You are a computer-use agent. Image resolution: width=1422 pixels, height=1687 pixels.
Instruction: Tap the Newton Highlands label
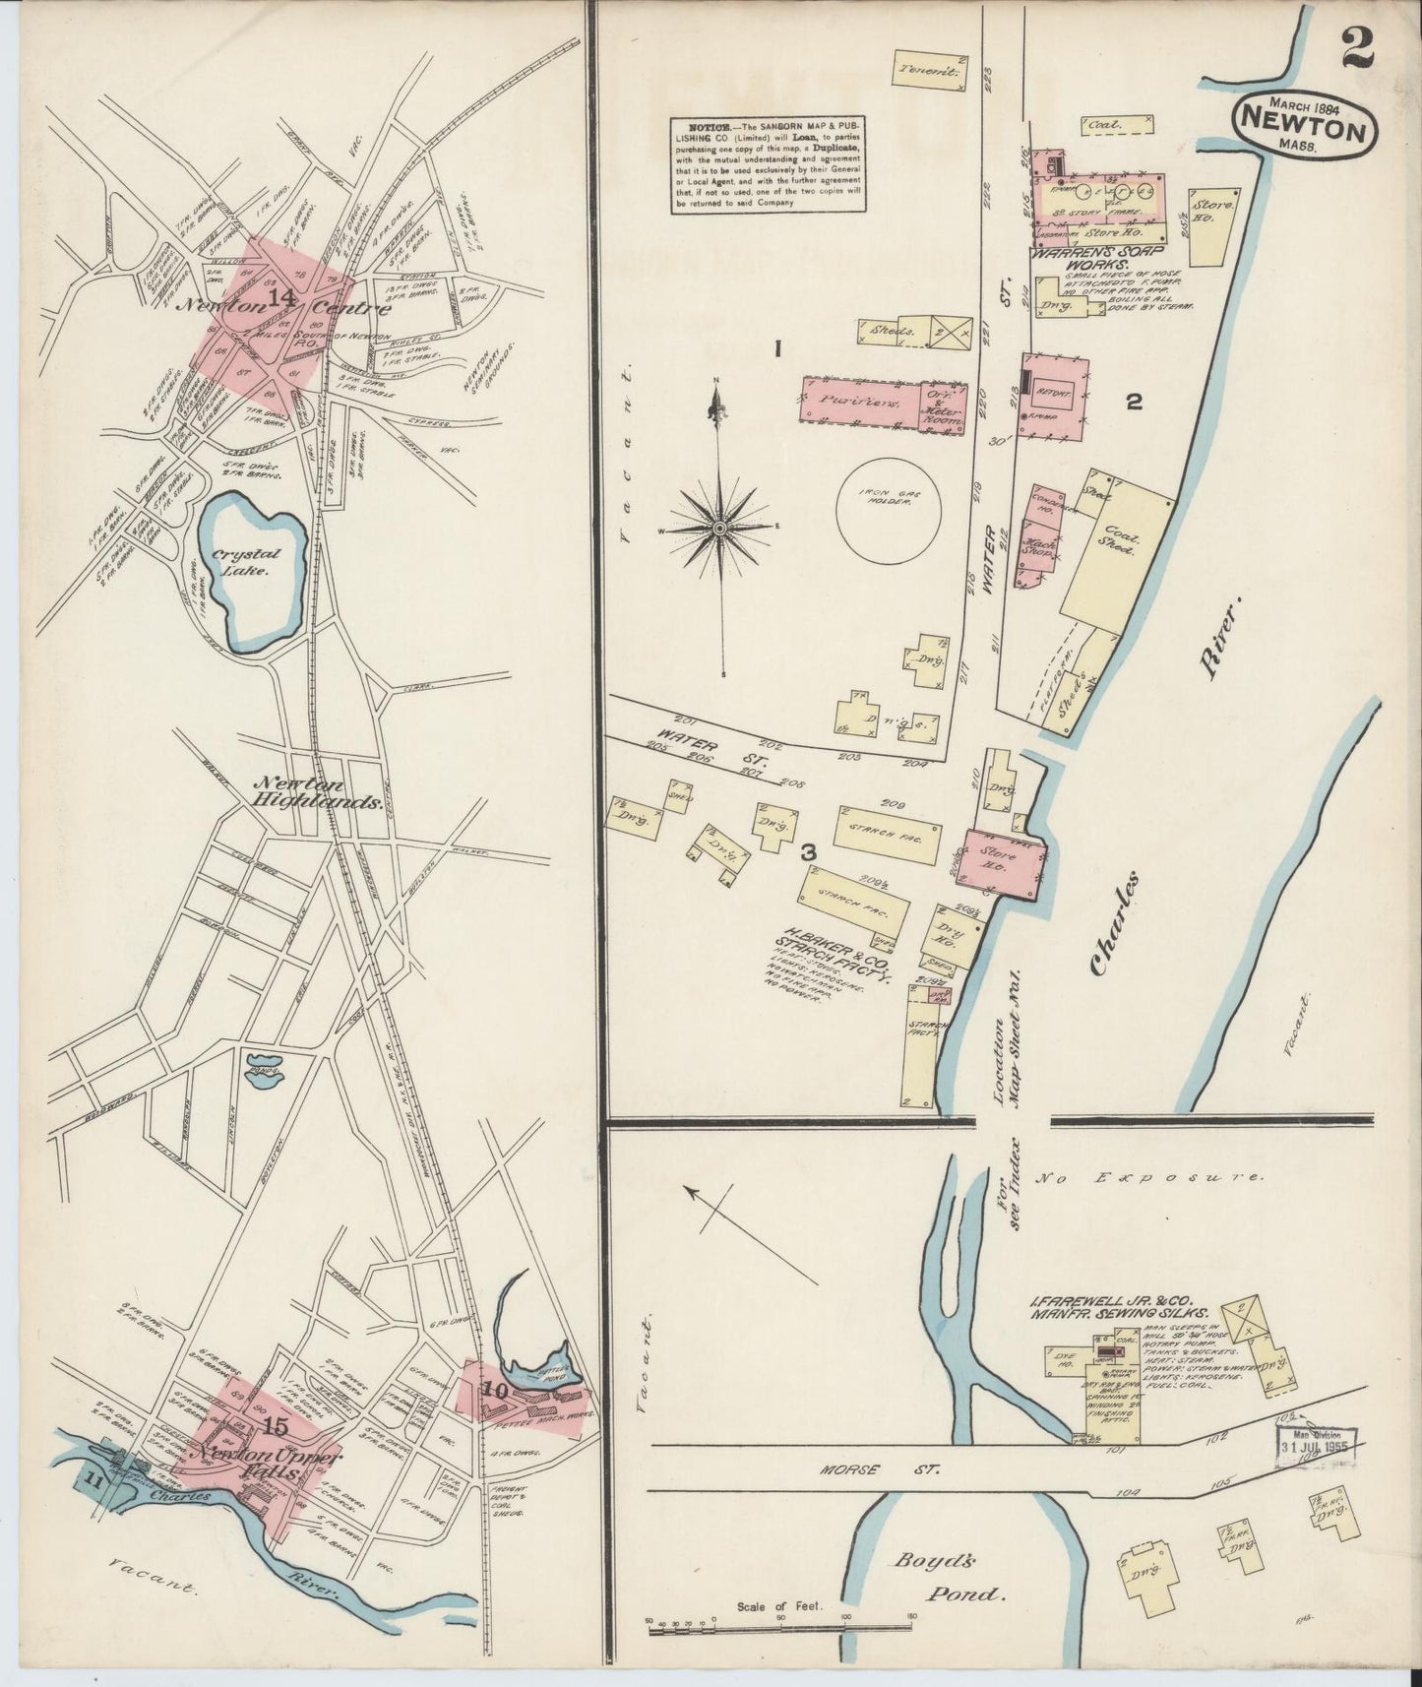[x=317, y=792]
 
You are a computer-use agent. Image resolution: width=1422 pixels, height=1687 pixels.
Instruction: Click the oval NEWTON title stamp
[x=1305, y=123]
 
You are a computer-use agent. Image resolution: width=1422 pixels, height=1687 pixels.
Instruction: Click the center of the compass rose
[x=720, y=529]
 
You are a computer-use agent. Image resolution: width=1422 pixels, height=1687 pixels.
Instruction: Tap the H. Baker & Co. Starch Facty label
[x=836, y=947]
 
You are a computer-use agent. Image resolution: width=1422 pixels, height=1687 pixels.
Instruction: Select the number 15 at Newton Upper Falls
[x=277, y=1426]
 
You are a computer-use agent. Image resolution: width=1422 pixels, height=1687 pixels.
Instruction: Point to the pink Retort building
[x=1055, y=386]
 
